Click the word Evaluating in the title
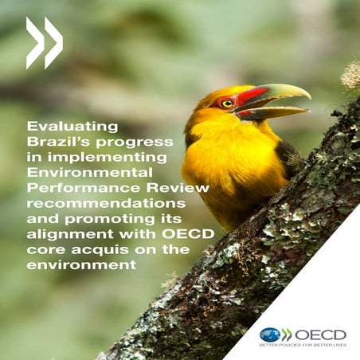(72, 125)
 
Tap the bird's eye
(226, 104)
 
